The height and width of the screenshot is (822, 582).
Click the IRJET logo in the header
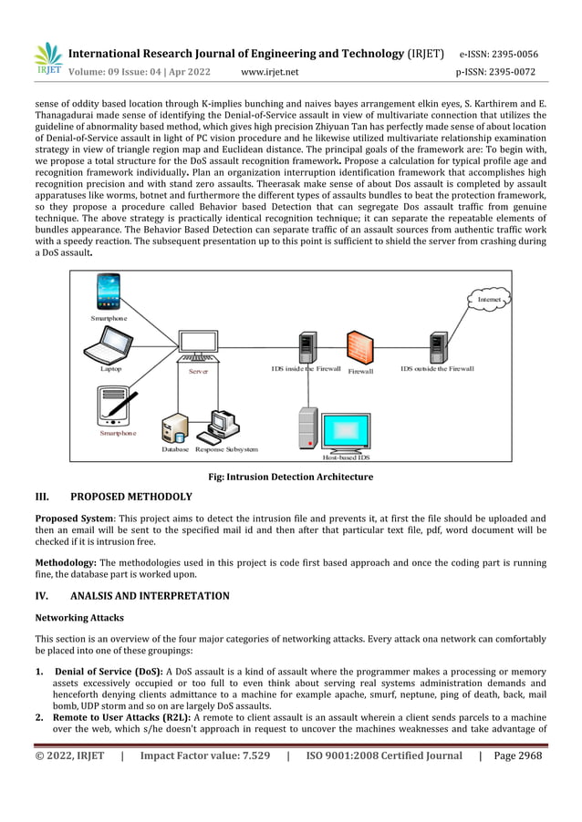pyautogui.click(x=47, y=59)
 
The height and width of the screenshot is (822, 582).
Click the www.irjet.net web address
pyautogui.click(x=269, y=72)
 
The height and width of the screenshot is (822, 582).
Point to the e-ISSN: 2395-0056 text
pyautogui.click(x=498, y=54)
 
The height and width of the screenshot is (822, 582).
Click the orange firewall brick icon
pyautogui.click(x=359, y=347)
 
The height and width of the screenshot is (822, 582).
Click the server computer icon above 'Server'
pyautogui.click(x=198, y=347)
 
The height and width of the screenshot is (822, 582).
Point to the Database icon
pyautogui.click(x=173, y=427)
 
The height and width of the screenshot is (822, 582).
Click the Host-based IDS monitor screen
pyautogui.click(x=346, y=430)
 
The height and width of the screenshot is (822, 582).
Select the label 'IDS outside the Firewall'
pyautogui.click(x=437, y=369)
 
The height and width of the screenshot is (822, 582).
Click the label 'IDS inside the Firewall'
pyautogui.click(x=306, y=369)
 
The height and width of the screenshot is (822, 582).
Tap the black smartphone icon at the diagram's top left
pyautogui.click(x=109, y=293)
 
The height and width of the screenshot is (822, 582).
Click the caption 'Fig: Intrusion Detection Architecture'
pyautogui.click(x=291, y=477)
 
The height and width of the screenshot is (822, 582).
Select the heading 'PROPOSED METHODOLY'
pyautogui.click(x=130, y=497)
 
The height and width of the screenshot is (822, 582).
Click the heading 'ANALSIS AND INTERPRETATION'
pyautogui.click(x=150, y=596)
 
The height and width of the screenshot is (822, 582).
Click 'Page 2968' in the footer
pyautogui.click(x=517, y=755)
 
